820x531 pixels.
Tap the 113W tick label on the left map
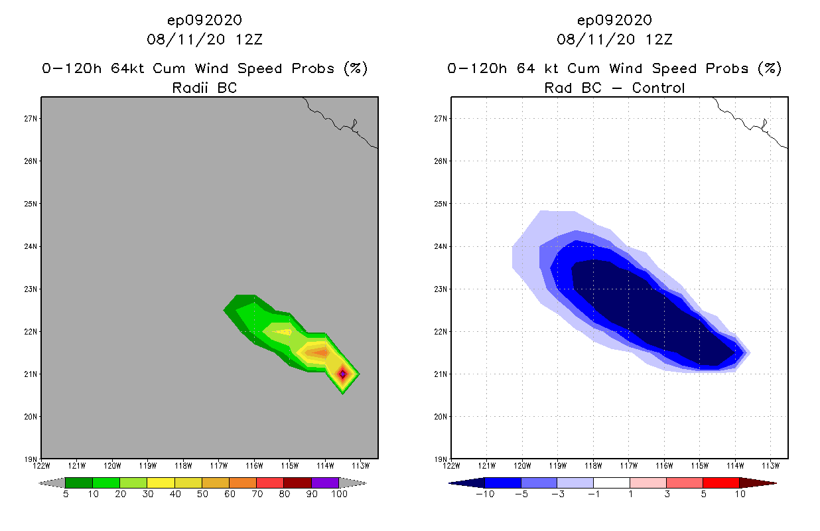(360, 465)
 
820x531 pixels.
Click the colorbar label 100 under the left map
(339, 494)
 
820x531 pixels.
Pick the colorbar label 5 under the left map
(66, 494)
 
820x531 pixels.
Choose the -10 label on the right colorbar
(484, 494)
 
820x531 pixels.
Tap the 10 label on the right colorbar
(740, 494)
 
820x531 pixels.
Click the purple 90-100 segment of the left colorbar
(325, 482)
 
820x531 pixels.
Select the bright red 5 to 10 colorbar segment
(720, 482)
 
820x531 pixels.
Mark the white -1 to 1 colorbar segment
(611, 482)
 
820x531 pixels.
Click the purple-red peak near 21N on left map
(342, 374)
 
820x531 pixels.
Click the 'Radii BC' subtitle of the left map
(204, 88)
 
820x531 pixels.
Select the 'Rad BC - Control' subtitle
(614, 88)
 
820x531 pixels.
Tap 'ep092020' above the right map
(614, 20)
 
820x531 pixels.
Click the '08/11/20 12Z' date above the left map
(204, 39)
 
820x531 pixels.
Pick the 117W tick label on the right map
(629, 465)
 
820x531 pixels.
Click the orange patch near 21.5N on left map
(319, 352)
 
